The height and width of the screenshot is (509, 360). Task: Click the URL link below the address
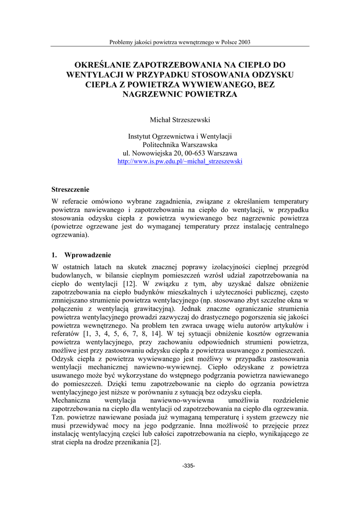[180, 162]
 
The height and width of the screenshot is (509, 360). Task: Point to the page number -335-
[188, 466]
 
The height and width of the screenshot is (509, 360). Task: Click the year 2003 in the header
[244, 42]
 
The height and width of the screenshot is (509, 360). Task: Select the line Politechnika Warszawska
[180, 144]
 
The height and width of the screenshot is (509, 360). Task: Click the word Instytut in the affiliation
[141, 136]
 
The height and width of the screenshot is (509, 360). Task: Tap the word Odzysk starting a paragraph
[63, 359]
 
